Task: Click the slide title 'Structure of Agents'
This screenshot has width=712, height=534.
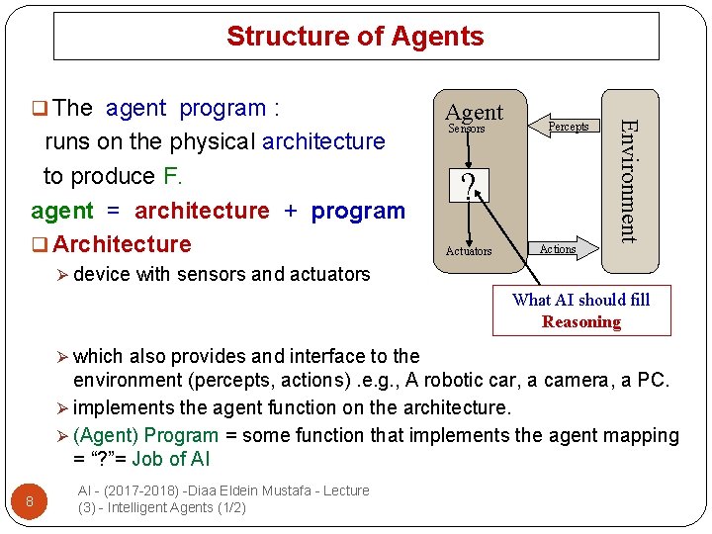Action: pos(355,37)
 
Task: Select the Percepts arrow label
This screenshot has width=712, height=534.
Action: pos(569,127)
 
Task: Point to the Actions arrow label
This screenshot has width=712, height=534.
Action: pos(558,249)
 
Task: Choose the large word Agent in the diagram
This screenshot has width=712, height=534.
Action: pos(474,112)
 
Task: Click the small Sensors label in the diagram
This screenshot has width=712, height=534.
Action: pos(467,130)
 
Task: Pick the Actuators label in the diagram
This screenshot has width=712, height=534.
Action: pos(468,251)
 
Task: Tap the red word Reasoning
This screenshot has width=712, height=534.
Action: pos(581,321)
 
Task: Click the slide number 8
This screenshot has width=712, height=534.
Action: pos(30,502)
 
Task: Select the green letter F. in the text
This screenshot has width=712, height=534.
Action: pos(172,176)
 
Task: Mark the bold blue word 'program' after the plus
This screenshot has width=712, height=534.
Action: pos(358,211)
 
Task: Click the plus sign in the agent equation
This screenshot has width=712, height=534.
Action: pos(291,211)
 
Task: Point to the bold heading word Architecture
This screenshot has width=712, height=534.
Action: pos(122,244)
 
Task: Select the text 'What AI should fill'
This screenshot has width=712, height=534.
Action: pos(580,300)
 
